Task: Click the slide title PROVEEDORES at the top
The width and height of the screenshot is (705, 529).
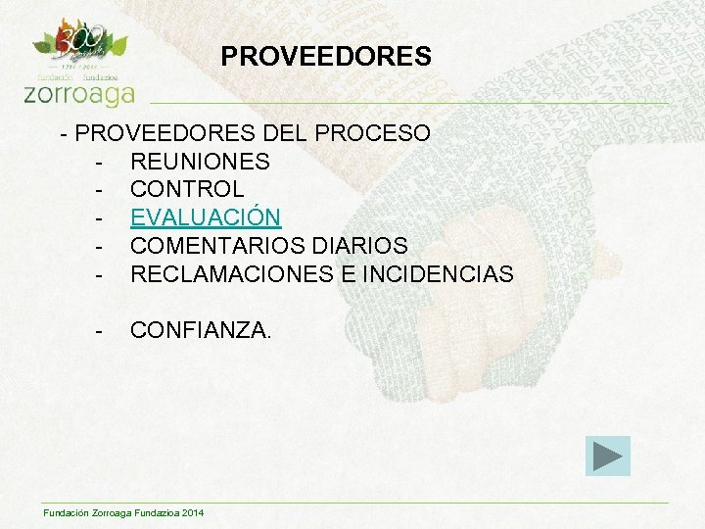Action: tap(326, 57)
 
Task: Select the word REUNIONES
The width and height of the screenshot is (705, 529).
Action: tap(200, 161)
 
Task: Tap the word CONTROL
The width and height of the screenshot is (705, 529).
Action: tap(187, 188)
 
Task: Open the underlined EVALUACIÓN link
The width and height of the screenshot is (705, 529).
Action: tap(206, 216)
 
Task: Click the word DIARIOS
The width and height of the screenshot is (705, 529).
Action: tap(358, 245)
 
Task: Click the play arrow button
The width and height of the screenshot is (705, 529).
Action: tap(608, 456)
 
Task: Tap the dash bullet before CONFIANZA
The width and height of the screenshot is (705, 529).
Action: tap(100, 330)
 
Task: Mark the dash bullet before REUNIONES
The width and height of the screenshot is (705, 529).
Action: tap(100, 161)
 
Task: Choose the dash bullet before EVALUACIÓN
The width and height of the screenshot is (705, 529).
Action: tap(100, 216)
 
